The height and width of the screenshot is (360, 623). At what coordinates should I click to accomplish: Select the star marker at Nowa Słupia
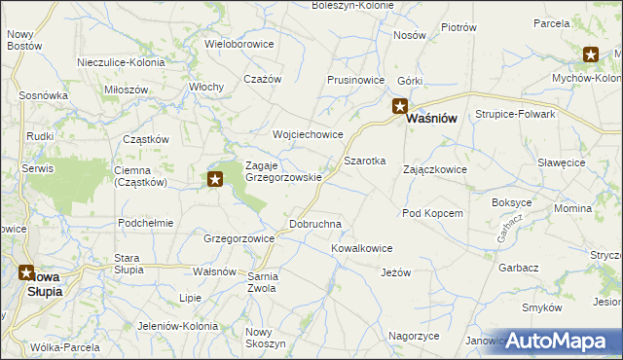26,274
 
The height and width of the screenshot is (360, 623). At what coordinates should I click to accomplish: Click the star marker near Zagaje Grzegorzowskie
216,178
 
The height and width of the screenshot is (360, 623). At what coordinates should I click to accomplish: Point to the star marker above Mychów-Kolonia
591,55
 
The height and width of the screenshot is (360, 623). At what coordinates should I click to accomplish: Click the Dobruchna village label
315,224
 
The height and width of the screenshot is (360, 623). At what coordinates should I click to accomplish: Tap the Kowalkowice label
361,248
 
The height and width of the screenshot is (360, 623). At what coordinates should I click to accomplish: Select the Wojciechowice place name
308,134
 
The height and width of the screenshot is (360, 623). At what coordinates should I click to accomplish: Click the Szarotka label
365,160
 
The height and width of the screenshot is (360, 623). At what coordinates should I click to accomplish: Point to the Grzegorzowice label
238,237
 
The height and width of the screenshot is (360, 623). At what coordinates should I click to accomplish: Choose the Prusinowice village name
355,80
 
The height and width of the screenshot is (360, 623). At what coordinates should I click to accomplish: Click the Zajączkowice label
435,169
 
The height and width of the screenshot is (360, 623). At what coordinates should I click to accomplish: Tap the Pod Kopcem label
431,212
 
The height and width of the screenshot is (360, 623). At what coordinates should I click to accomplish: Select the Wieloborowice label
239,44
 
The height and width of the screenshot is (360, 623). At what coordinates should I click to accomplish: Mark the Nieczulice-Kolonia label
121,63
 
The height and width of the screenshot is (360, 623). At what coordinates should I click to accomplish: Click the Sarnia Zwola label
262,282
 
